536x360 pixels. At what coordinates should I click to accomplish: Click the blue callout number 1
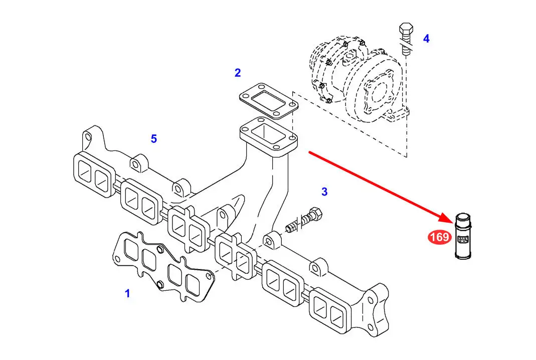coord(127,293)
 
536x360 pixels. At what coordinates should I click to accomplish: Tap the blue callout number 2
coord(238,73)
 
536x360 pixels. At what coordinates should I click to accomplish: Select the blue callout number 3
coord(324,192)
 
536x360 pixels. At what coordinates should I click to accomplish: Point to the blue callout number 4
coord(426,39)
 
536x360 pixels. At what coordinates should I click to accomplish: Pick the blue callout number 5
coord(154,139)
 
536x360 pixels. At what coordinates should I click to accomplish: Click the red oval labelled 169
coord(439,237)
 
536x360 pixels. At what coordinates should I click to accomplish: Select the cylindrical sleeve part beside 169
coord(463,236)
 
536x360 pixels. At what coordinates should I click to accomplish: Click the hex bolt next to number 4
coord(406,39)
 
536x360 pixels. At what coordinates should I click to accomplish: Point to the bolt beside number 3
coord(304,220)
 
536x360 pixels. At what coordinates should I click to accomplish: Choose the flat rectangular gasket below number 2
coord(269,101)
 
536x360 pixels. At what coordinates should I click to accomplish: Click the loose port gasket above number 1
coord(163,267)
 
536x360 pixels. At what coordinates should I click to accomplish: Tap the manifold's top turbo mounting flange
coord(269,137)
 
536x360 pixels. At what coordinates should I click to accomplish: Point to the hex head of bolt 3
coord(315,214)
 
